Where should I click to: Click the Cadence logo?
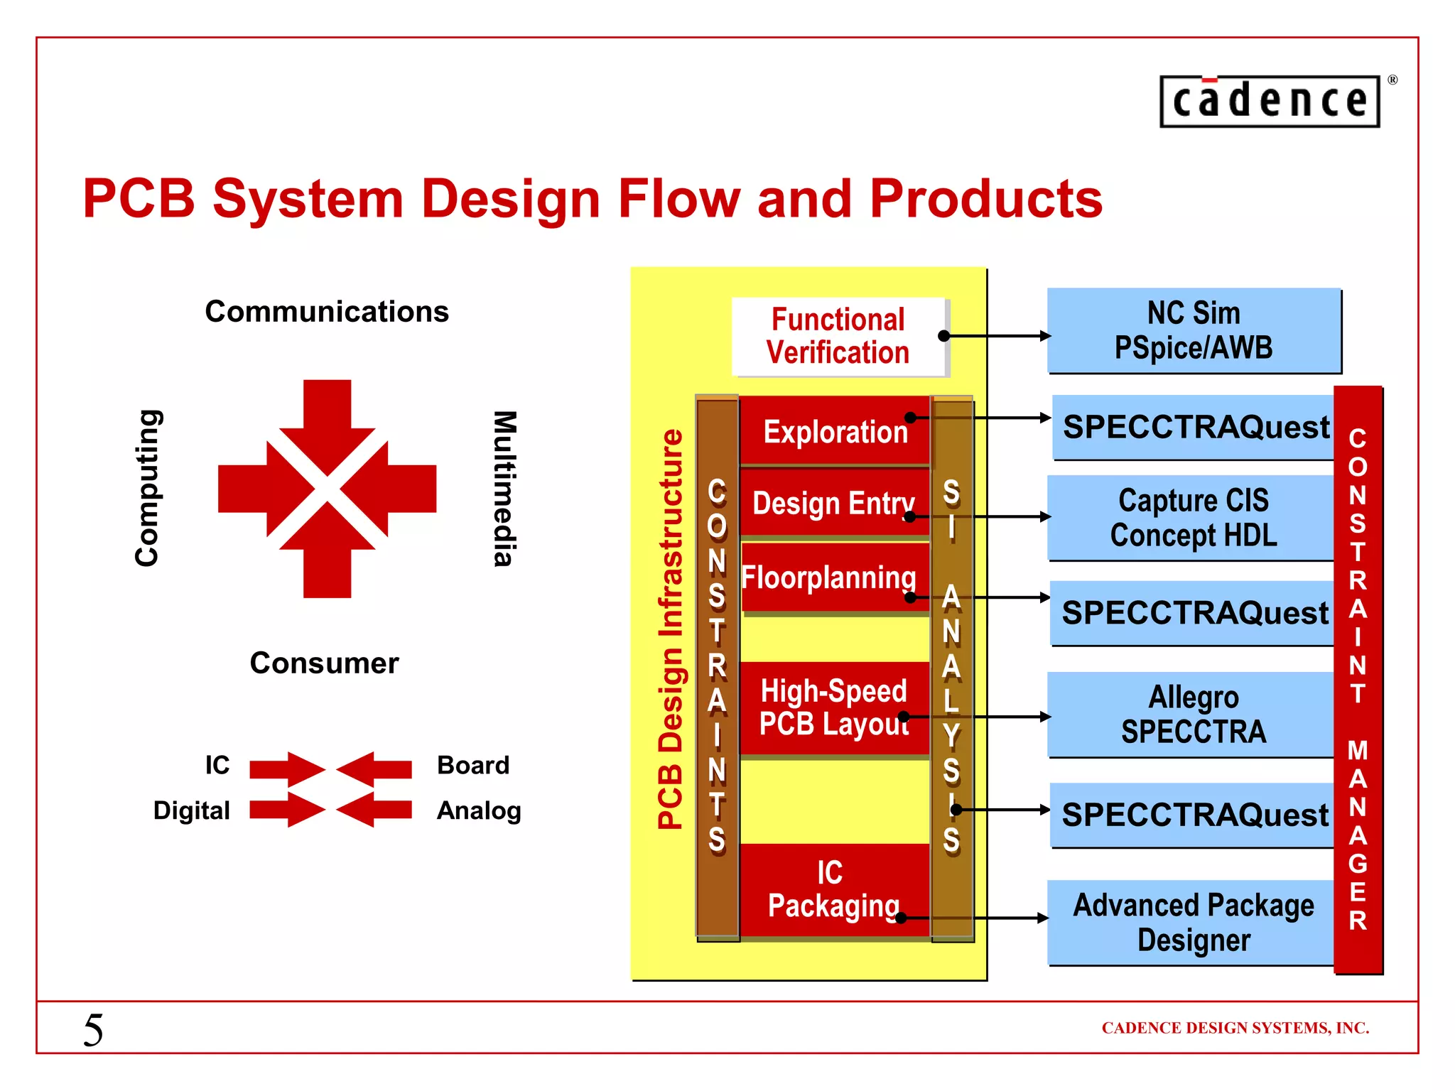tap(1270, 101)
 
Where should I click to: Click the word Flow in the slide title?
tap(678, 199)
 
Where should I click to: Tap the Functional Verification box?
tap(838, 337)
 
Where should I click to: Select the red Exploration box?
tap(835, 431)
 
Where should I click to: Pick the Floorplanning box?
tap(830, 577)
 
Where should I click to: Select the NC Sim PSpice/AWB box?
tap(1194, 331)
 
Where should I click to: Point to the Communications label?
tap(327, 312)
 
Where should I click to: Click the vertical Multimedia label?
tap(504, 489)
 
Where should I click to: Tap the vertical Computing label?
tap(147, 489)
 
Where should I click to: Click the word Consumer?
tap(324, 663)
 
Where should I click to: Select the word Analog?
tap(479, 810)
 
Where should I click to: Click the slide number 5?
tap(93, 1030)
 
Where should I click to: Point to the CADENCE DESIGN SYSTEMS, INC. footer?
tap(1235, 1028)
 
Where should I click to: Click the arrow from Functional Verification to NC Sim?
tap(998, 336)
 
